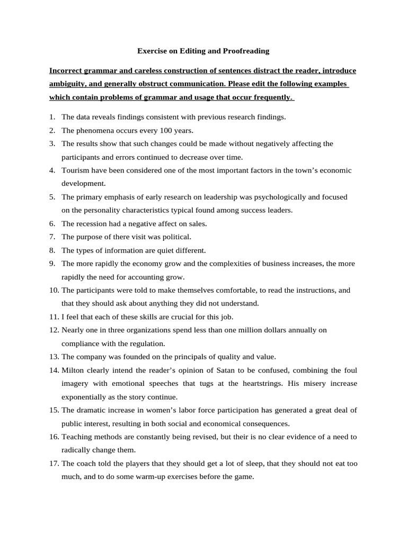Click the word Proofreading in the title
[245, 51]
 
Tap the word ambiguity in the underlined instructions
[67, 84]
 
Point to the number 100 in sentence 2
[170, 130]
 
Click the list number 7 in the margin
[52, 237]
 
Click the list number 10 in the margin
[54, 290]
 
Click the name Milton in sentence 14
[73, 370]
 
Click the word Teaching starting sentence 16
[76, 437]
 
